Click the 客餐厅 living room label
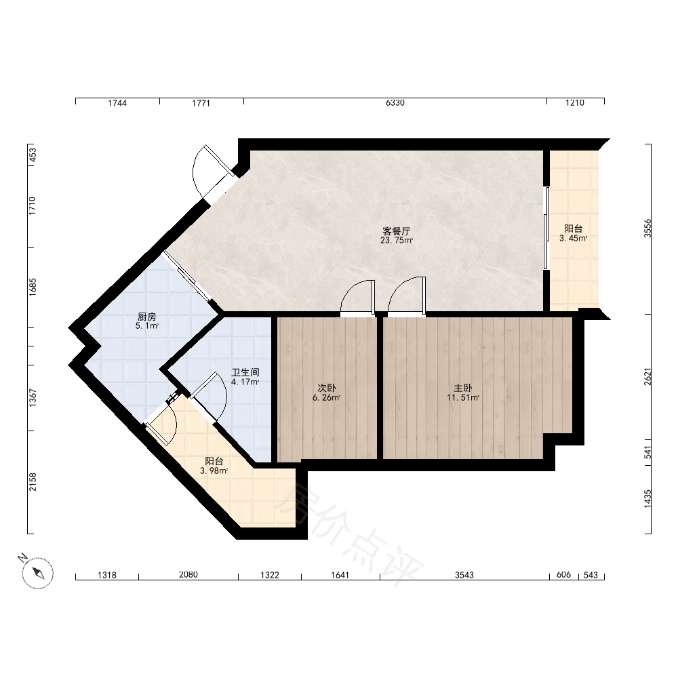(396, 231)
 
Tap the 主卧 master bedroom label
(462, 388)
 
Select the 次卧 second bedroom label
(327, 388)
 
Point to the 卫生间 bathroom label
(245, 372)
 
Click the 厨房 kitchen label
(146, 317)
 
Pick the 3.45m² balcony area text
(573, 238)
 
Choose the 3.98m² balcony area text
(214, 471)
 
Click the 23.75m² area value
(397, 241)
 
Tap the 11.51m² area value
(463, 398)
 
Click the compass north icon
(37, 572)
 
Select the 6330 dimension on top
(395, 103)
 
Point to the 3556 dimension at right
(647, 228)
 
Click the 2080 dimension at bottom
(188, 575)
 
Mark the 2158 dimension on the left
(33, 482)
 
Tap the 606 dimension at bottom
(563, 575)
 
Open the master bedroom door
(406, 294)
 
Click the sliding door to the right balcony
(546, 228)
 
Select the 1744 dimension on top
(117, 103)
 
